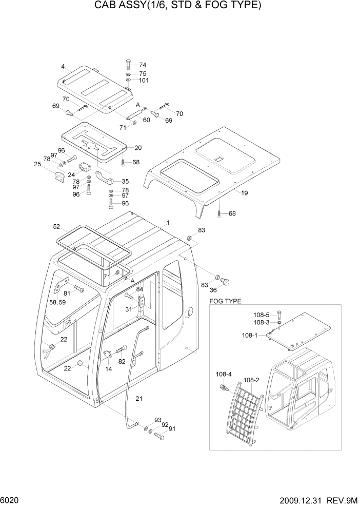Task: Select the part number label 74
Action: (x=143, y=65)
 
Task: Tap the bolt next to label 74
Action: (x=128, y=65)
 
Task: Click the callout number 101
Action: (x=144, y=81)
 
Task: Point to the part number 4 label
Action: (x=63, y=66)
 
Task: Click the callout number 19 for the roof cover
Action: (x=244, y=193)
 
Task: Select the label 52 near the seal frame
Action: (x=57, y=226)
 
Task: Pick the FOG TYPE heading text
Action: (x=226, y=301)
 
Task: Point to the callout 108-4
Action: (x=223, y=374)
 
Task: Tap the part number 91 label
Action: (x=172, y=429)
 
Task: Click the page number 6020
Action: (x=10, y=500)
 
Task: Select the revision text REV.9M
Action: (x=344, y=500)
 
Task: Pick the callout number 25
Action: (x=37, y=164)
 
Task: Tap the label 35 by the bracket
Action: (x=125, y=181)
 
